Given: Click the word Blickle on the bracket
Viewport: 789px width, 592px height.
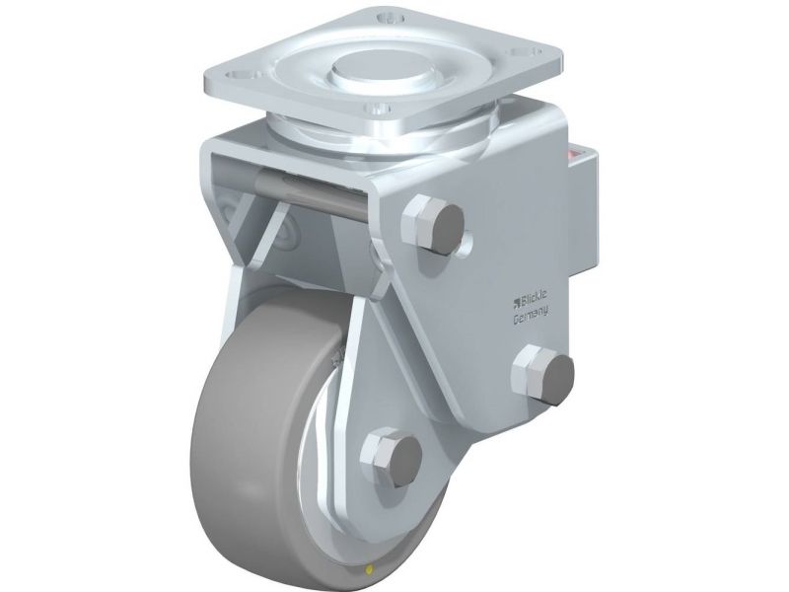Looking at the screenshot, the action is tap(535, 300).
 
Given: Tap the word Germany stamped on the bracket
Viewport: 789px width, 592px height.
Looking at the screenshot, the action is tap(531, 316).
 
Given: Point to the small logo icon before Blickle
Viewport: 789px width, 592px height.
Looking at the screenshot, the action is tap(516, 303).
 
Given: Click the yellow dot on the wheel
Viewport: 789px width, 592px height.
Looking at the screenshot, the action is tap(371, 570).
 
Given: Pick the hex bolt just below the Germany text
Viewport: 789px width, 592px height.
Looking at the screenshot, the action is tap(542, 374).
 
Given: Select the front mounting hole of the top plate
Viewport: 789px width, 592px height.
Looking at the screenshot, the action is tap(379, 109).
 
